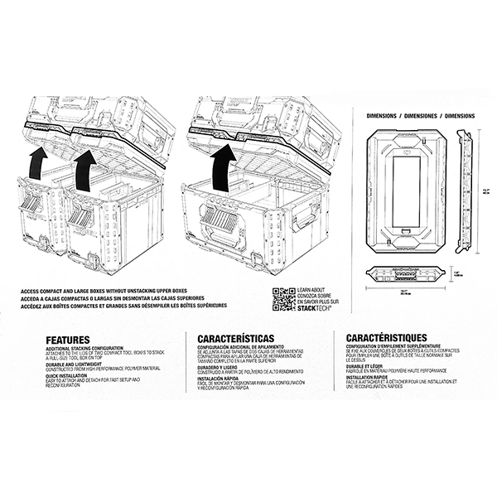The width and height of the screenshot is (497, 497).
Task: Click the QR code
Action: (x=283, y=297)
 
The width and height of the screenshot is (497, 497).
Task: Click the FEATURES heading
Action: (x=68, y=339)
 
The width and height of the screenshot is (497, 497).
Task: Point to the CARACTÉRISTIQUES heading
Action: (x=387, y=338)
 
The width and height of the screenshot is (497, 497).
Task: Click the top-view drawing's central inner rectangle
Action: (x=407, y=189)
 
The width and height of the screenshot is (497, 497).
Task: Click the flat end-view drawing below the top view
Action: (x=407, y=275)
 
